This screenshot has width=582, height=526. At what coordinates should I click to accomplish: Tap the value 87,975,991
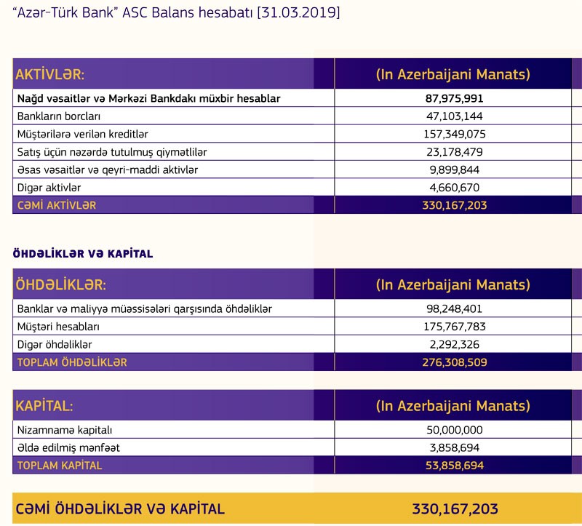click(x=454, y=98)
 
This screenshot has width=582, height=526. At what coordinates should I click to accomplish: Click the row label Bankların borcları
click(x=58, y=116)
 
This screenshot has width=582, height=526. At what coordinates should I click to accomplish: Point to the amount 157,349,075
click(x=454, y=134)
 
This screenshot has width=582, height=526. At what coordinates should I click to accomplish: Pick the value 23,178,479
click(x=454, y=152)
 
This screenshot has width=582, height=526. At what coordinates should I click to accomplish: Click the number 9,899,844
click(x=454, y=170)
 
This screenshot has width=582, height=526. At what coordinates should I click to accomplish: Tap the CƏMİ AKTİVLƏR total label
click(x=56, y=205)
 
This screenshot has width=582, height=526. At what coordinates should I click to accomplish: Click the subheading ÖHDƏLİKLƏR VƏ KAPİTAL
click(x=83, y=254)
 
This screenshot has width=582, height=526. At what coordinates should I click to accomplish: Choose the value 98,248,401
click(x=454, y=309)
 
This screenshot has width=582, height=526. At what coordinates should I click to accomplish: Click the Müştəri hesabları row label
click(x=58, y=327)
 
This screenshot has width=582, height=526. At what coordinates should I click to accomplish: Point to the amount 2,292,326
click(x=454, y=344)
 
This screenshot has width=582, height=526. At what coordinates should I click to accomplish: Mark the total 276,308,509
click(x=454, y=362)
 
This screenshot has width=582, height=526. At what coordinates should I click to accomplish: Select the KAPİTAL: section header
click(x=44, y=405)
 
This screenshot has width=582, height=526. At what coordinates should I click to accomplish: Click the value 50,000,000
click(x=454, y=430)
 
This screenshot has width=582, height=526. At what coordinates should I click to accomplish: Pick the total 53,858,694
click(x=454, y=465)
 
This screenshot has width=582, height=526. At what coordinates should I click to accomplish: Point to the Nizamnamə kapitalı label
click(x=65, y=430)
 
